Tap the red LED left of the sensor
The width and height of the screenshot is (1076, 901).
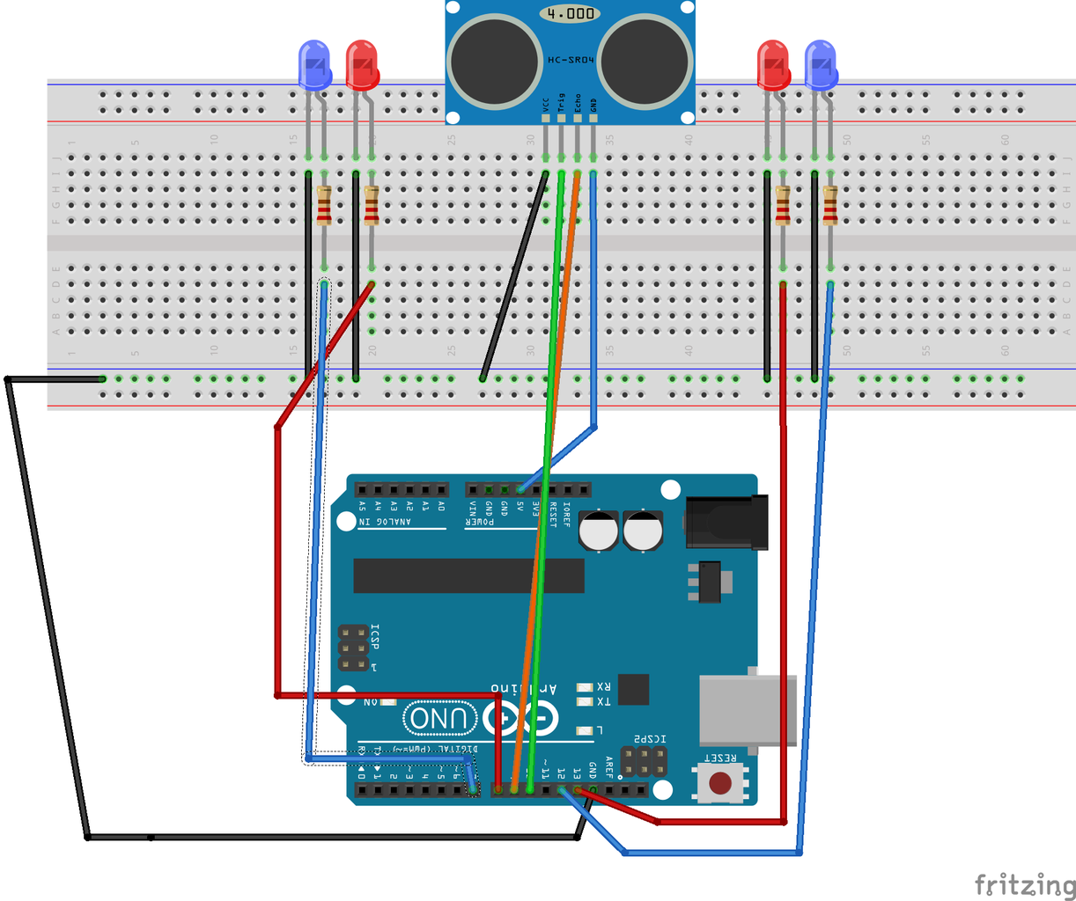pyautogui.click(x=361, y=65)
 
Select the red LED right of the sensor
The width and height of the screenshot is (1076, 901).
pyautogui.click(x=773, y=65)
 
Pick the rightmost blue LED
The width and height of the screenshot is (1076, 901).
pyautogui.click(x=821, y=65)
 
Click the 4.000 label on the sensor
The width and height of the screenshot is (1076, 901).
pyautogui.click(x=570, y=14)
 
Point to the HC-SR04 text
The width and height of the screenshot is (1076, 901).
pyautogui.click(x=571, y=60)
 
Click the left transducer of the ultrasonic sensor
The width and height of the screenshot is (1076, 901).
pyautogui.click(x=494, y=62)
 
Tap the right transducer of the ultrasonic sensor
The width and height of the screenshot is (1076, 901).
pyautogui.click(x=644, y=62)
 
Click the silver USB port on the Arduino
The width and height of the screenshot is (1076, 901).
pyautogui.click(x=748, y=709)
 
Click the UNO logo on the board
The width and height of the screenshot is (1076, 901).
pyautogui.click(x=441, y=719)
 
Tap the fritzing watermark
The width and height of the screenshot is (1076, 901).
pyautogui.click(x=1024, y=883)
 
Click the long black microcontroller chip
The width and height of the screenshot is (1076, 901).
pyautogui.click(x=468, y=575)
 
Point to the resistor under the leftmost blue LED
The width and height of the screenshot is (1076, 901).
pyautogui.click(x=324, y=206)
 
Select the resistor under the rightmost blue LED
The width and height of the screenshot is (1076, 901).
pyautogui.click(x=829, y=206)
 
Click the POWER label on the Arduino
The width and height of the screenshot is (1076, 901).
pyautogui.click(x=480, y=522)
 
